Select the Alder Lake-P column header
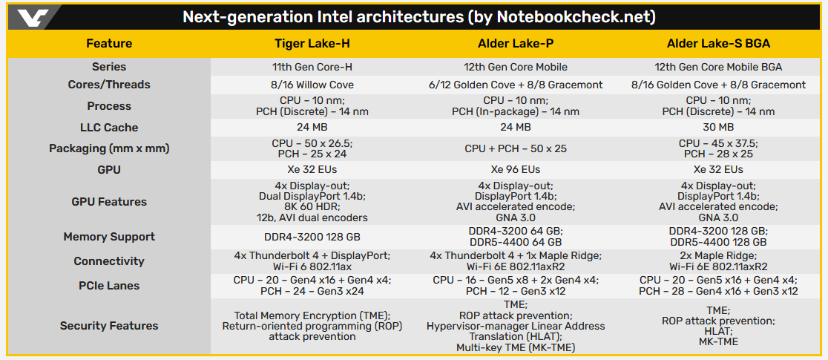click(x=516, y=43)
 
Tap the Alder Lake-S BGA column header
click(x=718, y=43)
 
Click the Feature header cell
click(x=109, y=43)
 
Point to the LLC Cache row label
click(x=109, y=128)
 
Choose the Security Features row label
click(x=109, y=325)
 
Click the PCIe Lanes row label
click(x=109, y=285)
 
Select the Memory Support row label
click(x=109, y=237)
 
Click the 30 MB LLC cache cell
click(x=718, y=128)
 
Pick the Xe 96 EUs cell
click(x=516, y=169)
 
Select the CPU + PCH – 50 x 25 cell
click(x=516, y=148)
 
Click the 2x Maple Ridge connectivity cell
click(x=718, y=255)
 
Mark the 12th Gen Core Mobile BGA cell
click(x=718, y=67)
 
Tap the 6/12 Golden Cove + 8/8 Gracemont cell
click(x=516, y=85)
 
